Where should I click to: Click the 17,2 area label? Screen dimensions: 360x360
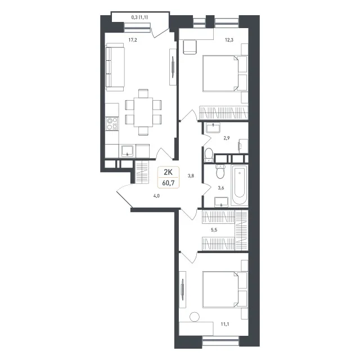pyautogui.click(x=133, y=40)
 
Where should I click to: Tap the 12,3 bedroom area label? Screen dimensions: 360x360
pyautogui.click(x=229, y=40)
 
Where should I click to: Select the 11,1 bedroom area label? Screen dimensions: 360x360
pyautogui.click(x=225, y=324)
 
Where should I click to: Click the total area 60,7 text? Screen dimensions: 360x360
pyautogui.click(x=168, y=183)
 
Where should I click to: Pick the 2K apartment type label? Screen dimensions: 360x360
pyautogui.click(x=168, y=172)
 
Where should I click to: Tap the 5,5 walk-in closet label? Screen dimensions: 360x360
pyautogui.click(x=214, y=230)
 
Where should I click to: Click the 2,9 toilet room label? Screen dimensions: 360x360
pyautogui.click(x=227, y=138)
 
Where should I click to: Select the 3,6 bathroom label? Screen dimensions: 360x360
pyautogui.click(x=221, y=188)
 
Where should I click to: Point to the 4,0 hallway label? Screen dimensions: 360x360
pyautogui.click(x=156, y=196)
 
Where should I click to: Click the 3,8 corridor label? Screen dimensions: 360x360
pyautogui.click(x=191, y=176)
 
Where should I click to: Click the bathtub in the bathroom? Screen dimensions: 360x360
pyautogui.click(x=239, y=185)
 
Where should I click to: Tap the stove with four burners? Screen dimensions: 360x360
pyautogui.click(x=112, y=124)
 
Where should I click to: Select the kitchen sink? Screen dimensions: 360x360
pyautogui.click(x=127, y=151)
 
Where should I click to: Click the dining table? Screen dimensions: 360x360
pyautogui.click(x=143, y=112)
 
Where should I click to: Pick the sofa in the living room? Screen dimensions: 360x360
pyautogui.click(x=115, y=67)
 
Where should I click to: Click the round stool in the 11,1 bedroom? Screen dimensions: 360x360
pyautogui.click(x=195, y=317)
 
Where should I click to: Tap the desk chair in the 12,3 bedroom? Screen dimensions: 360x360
pyautogui.click(x=190, y=47)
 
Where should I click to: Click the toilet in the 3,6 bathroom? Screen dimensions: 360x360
pyautogui.click(x=220, y=172)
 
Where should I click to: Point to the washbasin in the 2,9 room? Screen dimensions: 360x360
pyautogui.click(x=213, y=128)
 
